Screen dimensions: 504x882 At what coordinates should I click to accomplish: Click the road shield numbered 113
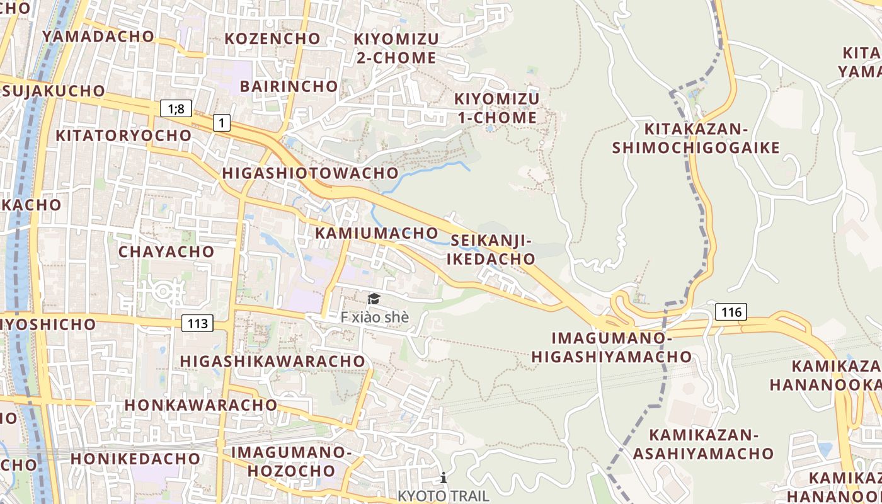tap(198, 324)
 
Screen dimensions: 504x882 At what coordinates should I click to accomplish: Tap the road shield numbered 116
tap(731, 311)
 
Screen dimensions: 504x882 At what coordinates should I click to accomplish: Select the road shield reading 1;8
tap(176, 108)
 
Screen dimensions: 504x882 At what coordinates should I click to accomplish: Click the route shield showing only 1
tap(221, 122)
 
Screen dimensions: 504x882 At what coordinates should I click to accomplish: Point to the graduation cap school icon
tap(374, 299)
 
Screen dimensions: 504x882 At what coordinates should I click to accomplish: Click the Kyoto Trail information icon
tap(444, 478)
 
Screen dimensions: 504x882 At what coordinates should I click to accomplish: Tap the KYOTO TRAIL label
tap(443, 496)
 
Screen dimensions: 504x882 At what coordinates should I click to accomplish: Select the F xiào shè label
tap(374, 317)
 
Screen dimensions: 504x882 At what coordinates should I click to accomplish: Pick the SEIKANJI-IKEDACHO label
tap(492, 249)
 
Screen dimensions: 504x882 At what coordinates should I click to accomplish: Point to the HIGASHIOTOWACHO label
tap(310, 173)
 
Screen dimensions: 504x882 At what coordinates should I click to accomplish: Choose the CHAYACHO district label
tap(166, 252)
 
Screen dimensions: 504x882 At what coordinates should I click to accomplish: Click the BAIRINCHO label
tap(289, 86)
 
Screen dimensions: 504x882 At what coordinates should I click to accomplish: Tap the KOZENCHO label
tap(272, 38)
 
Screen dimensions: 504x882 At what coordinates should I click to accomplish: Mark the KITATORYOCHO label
tap(123, 135)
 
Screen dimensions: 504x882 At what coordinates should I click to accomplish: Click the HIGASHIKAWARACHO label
tap(272, 361)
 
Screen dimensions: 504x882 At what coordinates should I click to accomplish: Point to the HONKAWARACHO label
tap(201, 404)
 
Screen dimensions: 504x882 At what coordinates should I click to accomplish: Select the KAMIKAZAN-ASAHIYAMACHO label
tap(703, 444)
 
